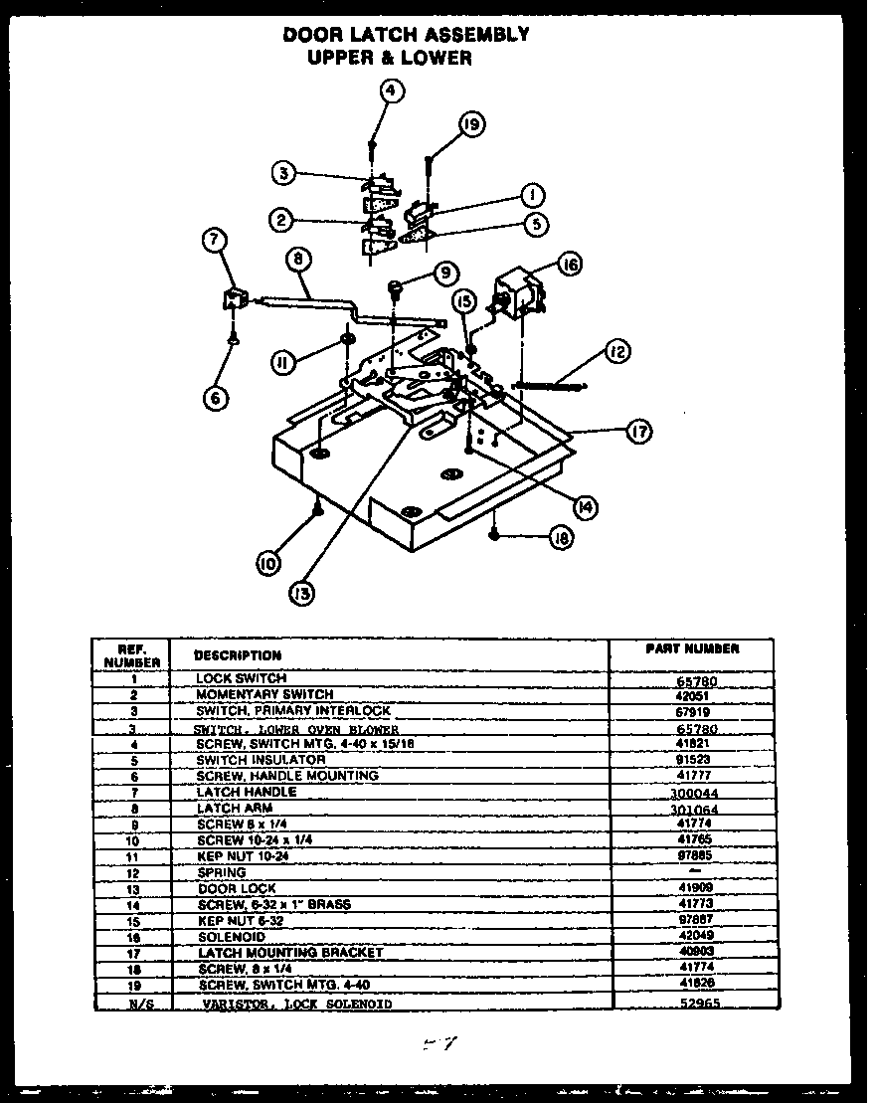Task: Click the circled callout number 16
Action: [569, 265]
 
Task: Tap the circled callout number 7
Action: [215, 240]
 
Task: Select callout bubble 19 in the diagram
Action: [471, 124]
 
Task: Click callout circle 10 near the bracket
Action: [267, 563]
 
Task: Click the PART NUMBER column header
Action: [692, 648]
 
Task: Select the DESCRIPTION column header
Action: [238, 655]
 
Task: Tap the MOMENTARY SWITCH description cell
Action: [264, 694]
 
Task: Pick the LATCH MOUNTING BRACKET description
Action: [289, 953]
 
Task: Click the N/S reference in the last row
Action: [132, 1005]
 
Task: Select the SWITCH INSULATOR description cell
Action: [261, 759]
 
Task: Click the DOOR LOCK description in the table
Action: [237, 888]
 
